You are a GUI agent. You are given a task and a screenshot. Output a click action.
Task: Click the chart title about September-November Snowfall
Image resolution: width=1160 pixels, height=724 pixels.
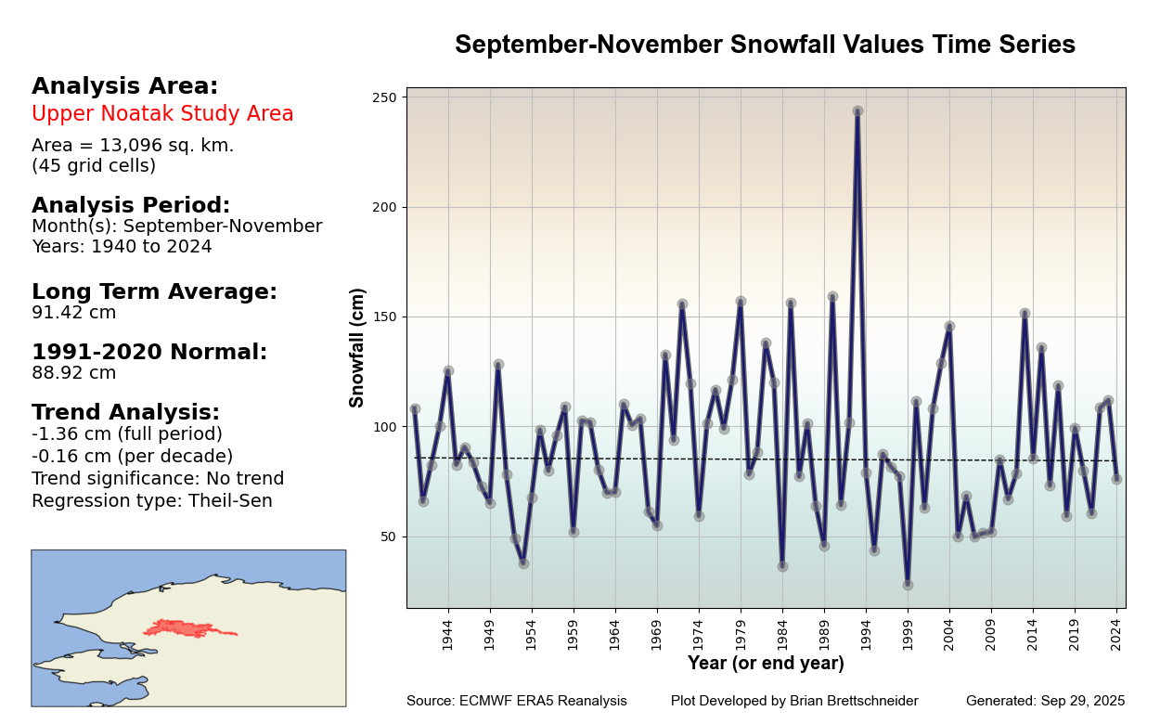(765, 45)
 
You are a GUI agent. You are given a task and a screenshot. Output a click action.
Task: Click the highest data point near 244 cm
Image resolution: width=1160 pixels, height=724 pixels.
(857, 111)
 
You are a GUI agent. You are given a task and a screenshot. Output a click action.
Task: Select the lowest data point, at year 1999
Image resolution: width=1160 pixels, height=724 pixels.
(908, 585)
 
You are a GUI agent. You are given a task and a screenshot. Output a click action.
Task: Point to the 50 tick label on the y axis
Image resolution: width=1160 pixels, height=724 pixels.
(388, 537)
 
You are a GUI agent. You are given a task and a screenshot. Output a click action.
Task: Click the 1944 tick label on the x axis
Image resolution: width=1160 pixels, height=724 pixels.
(447, 635)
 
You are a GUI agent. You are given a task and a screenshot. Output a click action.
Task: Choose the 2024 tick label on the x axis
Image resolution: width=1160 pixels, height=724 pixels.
(1116, 635)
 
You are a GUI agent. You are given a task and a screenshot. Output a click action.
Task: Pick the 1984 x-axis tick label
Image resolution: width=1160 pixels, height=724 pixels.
(782, 635)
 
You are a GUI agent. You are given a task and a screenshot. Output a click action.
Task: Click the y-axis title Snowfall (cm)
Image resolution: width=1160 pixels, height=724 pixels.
(358, 347)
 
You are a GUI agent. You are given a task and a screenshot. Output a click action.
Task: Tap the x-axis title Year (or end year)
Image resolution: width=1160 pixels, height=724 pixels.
(766, 664)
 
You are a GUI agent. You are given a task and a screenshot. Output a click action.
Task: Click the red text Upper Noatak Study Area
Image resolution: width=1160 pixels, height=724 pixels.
(162, 114)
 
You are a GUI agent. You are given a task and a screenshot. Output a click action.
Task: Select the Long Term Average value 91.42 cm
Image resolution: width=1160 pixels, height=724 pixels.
(74, 313)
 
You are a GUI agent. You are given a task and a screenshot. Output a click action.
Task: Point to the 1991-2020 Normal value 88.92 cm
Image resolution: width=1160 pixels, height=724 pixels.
(74, 373)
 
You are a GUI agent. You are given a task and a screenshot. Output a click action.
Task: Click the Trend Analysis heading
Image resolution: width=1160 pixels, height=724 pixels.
(125, 413)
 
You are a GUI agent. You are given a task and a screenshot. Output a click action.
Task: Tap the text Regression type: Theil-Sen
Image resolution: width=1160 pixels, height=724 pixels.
(152, 501)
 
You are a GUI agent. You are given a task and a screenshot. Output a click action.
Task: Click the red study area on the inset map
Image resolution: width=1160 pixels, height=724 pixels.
(176, 628)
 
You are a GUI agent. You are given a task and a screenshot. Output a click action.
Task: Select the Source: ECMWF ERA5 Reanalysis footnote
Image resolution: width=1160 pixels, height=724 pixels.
(516, 702)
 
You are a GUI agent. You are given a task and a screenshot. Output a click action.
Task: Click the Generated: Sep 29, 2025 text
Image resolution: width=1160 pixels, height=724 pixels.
(1045, 702)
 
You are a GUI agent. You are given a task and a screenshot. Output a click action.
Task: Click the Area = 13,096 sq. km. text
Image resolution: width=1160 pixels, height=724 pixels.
(133, 146)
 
